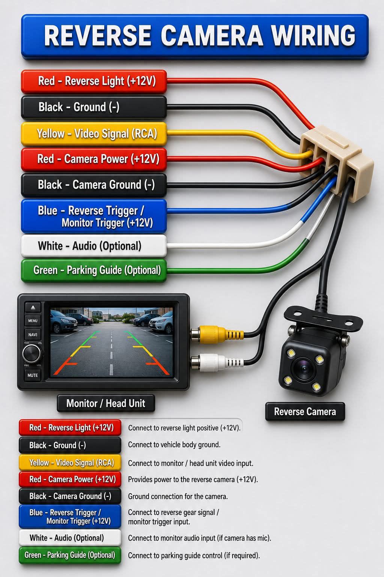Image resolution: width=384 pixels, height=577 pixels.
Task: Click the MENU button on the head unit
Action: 33,321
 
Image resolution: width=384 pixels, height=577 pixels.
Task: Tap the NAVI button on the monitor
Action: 33,335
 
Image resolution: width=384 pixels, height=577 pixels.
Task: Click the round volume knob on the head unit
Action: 31,353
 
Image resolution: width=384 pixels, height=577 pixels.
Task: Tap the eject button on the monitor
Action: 33,307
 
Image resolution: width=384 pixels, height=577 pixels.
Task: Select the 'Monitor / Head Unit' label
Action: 106,403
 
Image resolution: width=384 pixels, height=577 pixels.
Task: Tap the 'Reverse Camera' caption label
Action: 305,411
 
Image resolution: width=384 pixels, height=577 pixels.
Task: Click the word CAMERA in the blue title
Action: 212,36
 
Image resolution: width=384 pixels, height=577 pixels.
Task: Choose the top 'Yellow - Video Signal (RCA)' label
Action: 94,134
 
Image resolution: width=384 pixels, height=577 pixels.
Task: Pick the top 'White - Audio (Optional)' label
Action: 94,246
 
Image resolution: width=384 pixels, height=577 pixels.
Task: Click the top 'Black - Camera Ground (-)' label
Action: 94,185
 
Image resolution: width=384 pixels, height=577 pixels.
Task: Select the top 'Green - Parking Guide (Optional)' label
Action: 94,270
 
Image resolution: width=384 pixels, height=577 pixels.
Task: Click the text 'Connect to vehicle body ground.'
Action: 174,445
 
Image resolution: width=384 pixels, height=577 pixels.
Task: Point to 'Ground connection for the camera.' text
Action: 178,496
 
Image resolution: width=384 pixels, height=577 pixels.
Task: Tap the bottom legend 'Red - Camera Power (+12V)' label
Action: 70,479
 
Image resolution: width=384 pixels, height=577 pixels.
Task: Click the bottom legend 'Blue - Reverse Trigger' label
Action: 70,517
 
